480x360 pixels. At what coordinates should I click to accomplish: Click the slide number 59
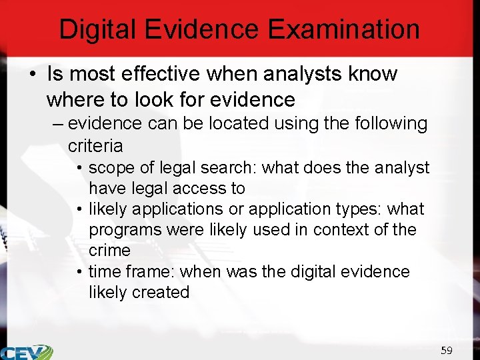click(x=446, y=350)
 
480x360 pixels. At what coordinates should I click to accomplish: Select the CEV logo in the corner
click(x=27, y=351)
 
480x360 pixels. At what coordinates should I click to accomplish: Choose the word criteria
click(x=95, y=145)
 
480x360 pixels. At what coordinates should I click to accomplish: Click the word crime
click(x=110, y=251)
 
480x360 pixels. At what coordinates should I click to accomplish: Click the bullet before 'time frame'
click(x=79, y=272)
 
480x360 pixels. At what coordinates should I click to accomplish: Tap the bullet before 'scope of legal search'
click(x=79, y=168)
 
